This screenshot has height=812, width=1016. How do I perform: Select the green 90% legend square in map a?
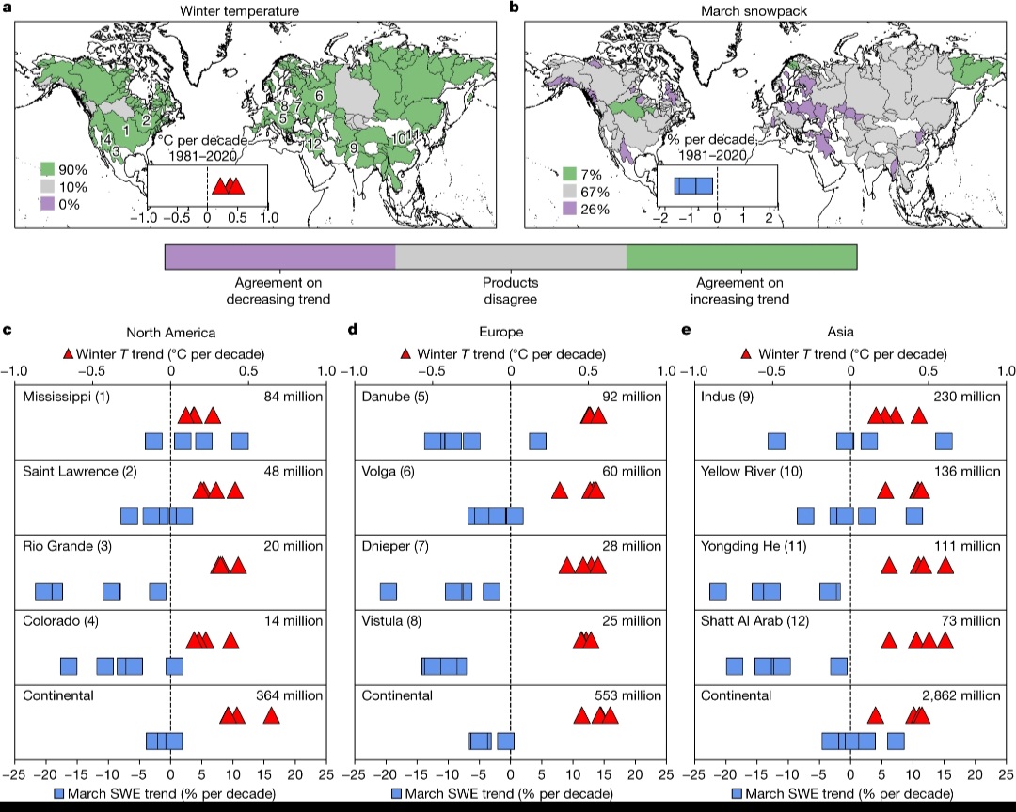click(x=52, y=169)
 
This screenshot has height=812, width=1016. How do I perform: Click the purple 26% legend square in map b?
click(x=569, y=209)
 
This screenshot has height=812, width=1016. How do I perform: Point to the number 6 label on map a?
click(x=320, y=96)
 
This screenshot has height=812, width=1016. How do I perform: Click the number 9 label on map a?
click(x=354, y=148)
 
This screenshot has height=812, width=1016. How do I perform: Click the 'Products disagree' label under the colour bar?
click(x=510, y=290)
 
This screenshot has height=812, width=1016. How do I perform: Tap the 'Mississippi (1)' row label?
click(x=67, y=397)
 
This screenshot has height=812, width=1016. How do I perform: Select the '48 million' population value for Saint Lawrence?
click(x=291, y=471)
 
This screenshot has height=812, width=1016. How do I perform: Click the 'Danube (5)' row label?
click(x=399, y=397)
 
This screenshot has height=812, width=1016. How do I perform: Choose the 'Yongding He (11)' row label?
click(x=757, y=546)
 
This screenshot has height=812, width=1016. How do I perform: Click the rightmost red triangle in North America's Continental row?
click(x=271, y=716)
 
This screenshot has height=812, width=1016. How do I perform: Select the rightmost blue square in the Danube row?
click(x=537, y=441)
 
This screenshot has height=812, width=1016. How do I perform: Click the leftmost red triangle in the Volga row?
click(x=560, y=491)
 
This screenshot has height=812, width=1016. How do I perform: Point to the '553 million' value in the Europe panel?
click(x=627, y=695)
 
